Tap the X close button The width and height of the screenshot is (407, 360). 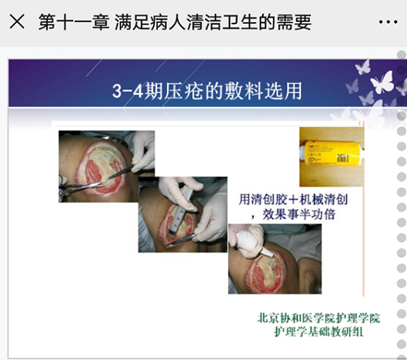(17, 21)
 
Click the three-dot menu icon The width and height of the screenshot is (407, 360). (388, 22)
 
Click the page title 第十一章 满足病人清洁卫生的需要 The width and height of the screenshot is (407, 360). (175, 22)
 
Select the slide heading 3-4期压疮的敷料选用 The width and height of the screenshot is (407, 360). (207, 90)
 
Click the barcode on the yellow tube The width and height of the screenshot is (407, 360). (343, 158)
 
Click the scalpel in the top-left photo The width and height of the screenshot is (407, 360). (120, 173)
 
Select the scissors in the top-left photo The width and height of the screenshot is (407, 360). (79, 187)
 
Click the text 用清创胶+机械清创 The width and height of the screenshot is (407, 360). (293, 200)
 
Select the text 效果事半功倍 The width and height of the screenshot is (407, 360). (299, 214)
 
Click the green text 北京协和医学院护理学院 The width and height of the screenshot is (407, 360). (318, 318)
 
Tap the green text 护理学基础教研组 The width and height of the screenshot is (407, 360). (318, 331)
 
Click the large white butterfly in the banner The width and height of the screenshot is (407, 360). (382, 81)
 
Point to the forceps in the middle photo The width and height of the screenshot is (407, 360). (182, 239)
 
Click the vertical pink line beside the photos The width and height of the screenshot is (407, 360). (363, 209)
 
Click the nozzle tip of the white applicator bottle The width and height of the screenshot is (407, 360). (272, 255)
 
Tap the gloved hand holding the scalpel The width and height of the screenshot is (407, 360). (143, 152)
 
